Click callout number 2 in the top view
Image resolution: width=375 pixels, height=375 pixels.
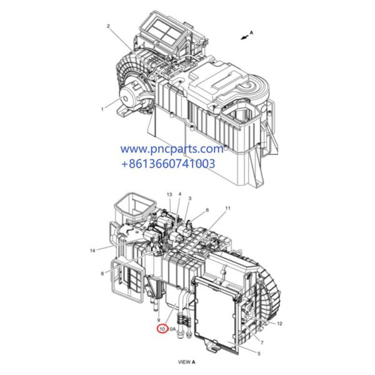coord(108,26)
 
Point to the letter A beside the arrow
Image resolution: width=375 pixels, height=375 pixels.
coord(252,32)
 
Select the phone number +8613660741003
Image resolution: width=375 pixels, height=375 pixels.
coord(168,164)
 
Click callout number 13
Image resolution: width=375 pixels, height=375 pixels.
coord(169,196)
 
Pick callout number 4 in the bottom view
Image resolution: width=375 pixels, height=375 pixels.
coord(179,196)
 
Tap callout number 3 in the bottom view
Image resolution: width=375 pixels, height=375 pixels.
coord(189,199)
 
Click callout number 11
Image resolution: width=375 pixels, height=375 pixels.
coord(227,207)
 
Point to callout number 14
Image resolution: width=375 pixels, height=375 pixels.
coord(92,251)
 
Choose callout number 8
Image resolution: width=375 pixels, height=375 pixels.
coord(102,273)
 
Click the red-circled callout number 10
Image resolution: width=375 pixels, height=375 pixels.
coord(162,329)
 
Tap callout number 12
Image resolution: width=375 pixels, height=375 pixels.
coord(279,323)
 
